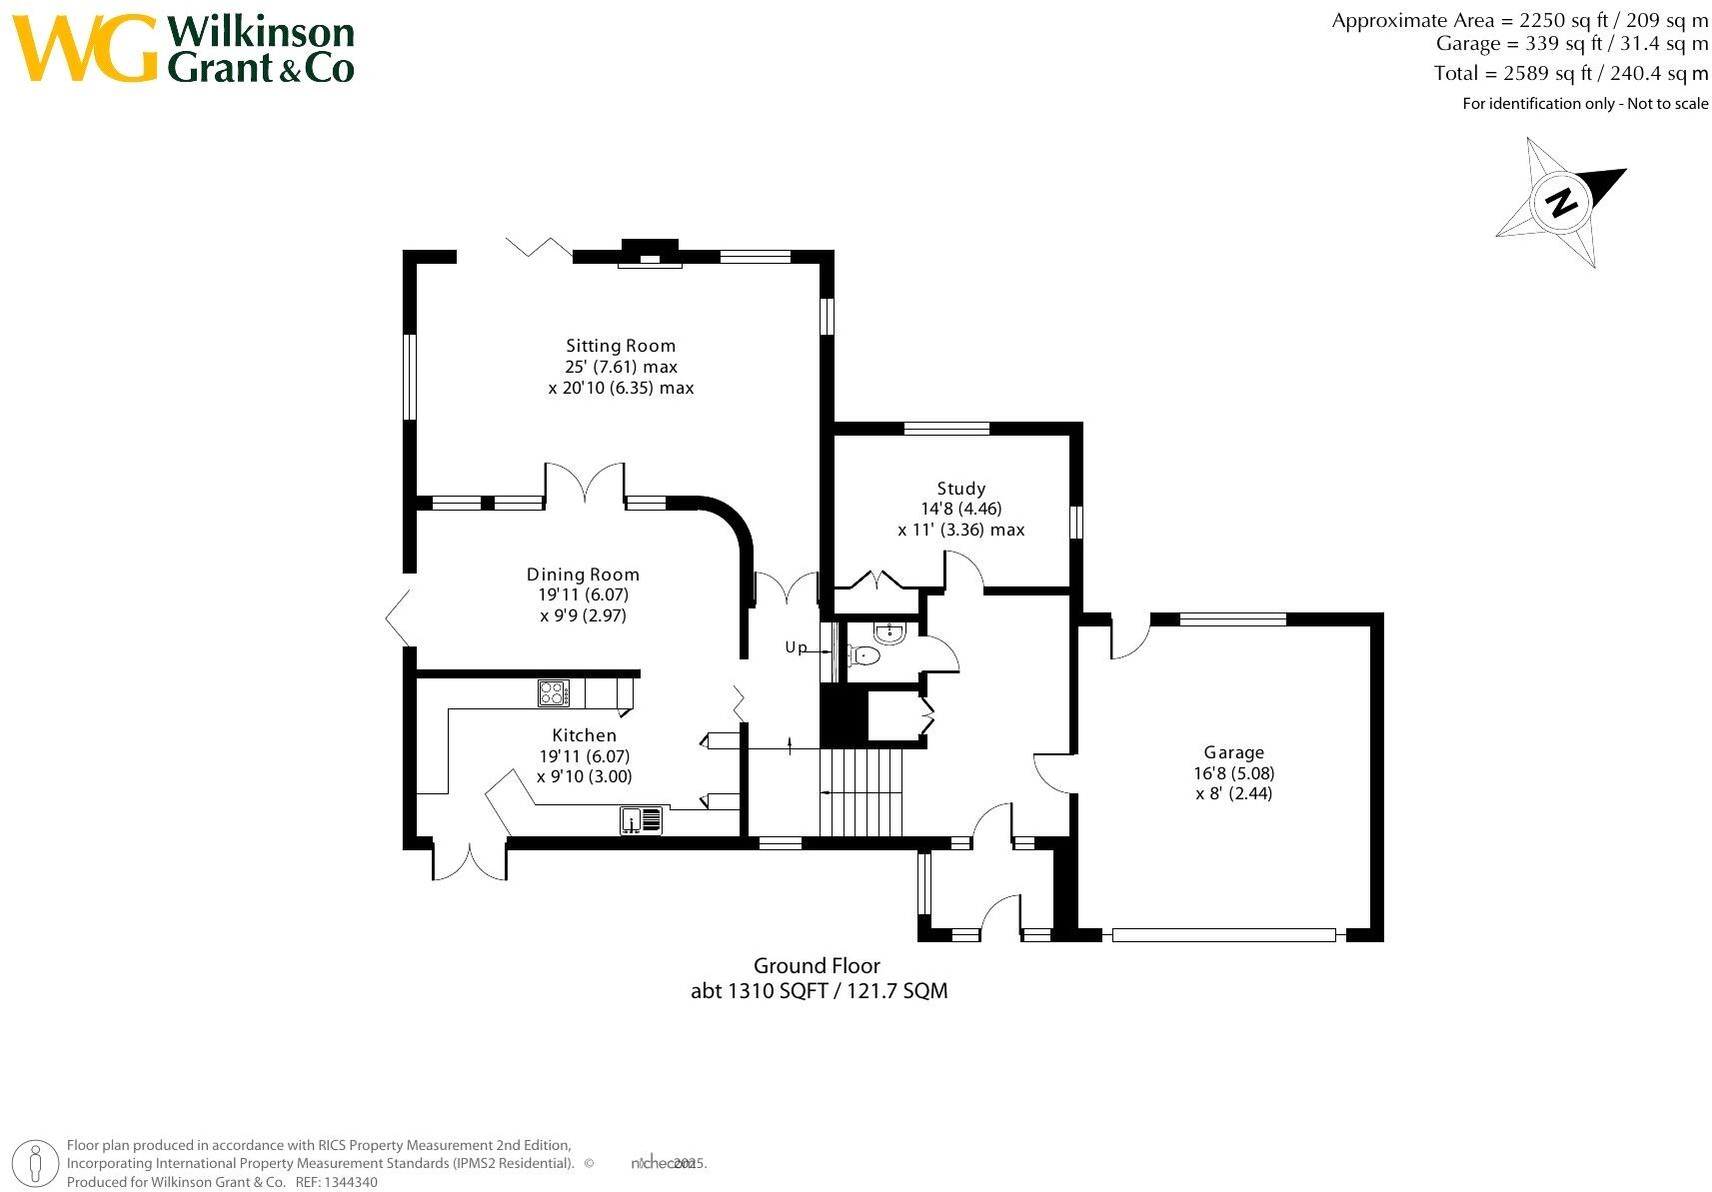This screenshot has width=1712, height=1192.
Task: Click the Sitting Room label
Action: (621, 346)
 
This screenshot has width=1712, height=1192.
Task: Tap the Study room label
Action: (960, 489)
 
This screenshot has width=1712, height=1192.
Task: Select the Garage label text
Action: (1233, 752)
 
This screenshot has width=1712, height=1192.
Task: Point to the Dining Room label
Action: (583, 575)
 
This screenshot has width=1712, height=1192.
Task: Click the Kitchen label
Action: (585, 735)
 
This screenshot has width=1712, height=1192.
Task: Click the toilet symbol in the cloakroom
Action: (865, 655)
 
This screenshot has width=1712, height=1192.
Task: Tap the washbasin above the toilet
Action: (887, 631)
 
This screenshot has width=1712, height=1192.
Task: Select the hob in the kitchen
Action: (553, 692)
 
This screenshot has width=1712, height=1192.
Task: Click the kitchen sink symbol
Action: (641, 820)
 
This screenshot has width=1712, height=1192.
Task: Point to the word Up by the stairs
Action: (796, 647)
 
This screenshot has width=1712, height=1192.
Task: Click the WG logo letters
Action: (85, 49)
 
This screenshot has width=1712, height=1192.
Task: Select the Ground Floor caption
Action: (817, 965)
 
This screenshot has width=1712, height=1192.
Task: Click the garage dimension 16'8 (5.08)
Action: (1233, 773)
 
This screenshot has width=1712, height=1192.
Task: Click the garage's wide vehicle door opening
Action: (1223, 935)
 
